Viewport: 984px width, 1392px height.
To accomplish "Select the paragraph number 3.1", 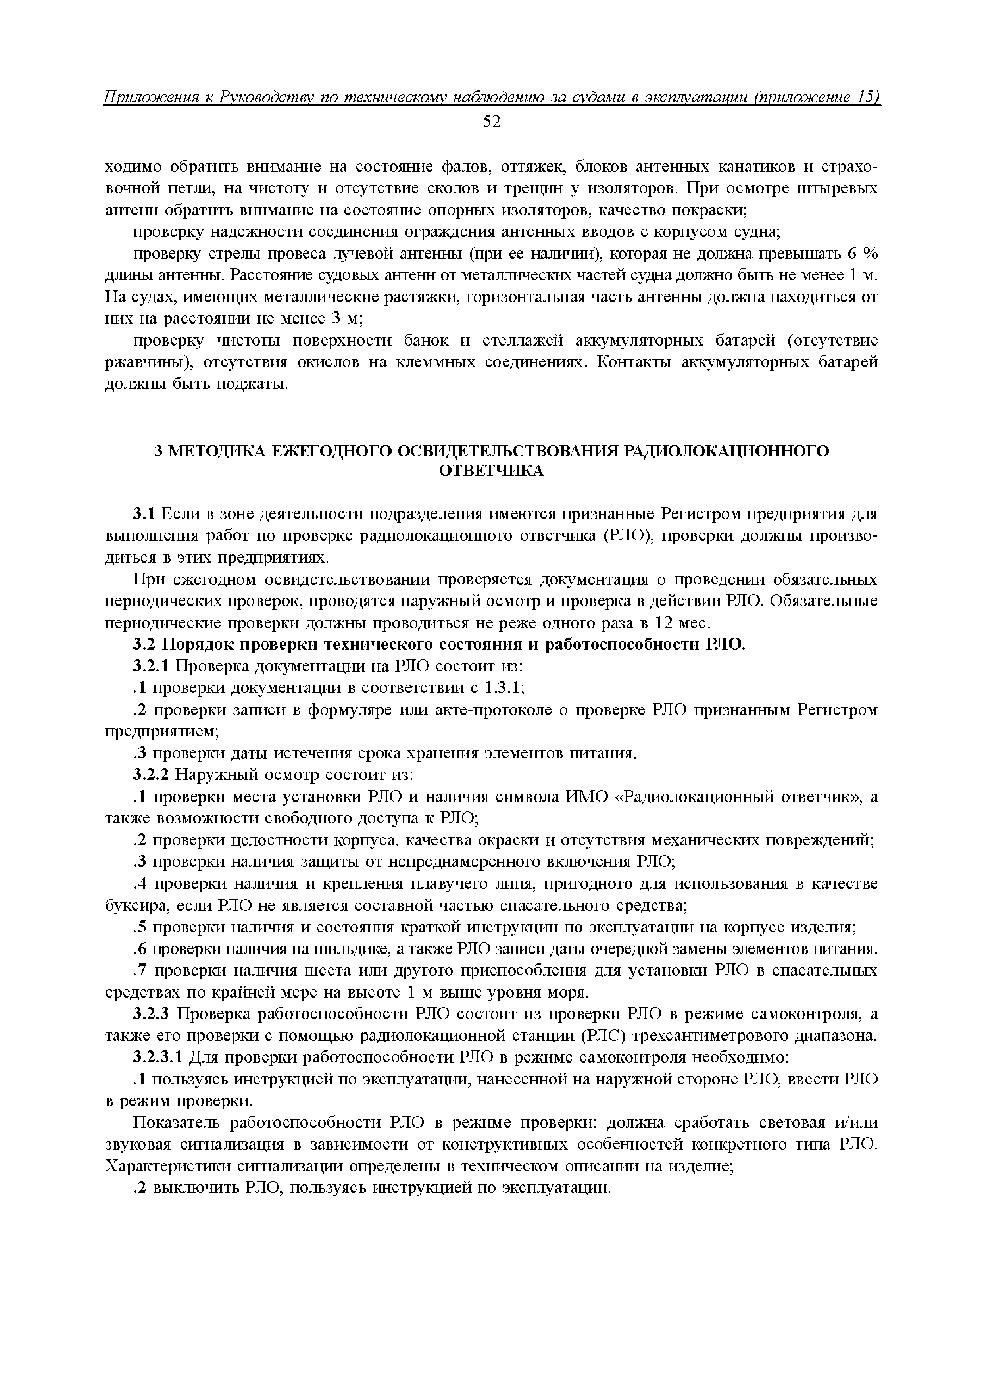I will [x=146, y=515].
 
